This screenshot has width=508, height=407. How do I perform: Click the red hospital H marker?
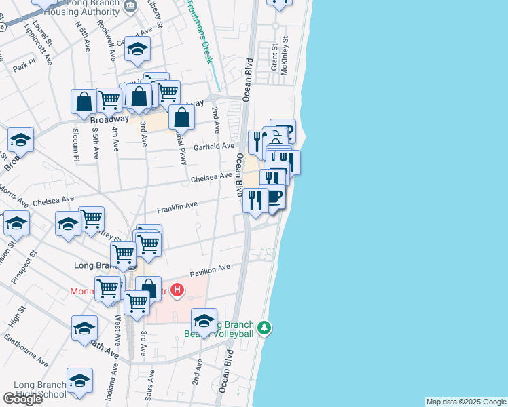click(x=177, y=291)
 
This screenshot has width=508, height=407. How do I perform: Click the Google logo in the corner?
click(x=22, y=398)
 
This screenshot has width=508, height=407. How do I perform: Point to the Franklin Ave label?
click(x=177, y=205)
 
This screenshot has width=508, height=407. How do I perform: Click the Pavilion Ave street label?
click(x=211, y=271)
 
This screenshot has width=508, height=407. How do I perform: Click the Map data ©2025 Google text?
click(x=466, y=402)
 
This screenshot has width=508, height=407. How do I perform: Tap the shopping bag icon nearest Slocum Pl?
click(x=84, y=102)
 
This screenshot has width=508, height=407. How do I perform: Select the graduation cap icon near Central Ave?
click(x=137, y=48)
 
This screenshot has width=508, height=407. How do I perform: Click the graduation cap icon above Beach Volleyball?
click(x=204, y=320)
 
